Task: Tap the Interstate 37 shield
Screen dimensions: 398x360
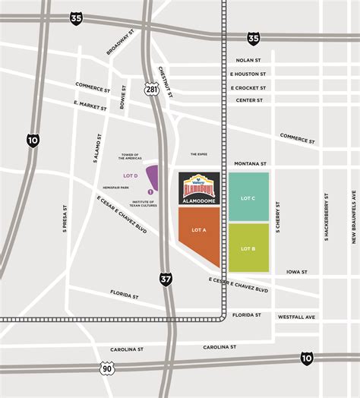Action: pos(166,279)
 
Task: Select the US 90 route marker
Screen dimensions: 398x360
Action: pos(106,368)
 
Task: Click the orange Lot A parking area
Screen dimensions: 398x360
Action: pos(198,232)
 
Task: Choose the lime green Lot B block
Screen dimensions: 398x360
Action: pos(248,248)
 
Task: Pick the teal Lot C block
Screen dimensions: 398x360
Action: pos(248,197)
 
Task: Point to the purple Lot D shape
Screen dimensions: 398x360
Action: pos(152,176)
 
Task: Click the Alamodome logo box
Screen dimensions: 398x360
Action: pos(199,188)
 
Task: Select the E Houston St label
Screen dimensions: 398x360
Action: pos(248,74)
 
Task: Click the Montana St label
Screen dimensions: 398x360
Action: pos(250,163)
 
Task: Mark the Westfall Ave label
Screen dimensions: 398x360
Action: pos(296,316)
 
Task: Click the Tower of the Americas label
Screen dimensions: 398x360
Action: pos(132,156)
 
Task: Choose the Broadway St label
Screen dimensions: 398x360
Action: pos(119,43)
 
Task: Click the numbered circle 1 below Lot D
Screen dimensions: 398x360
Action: pos(150,191)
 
